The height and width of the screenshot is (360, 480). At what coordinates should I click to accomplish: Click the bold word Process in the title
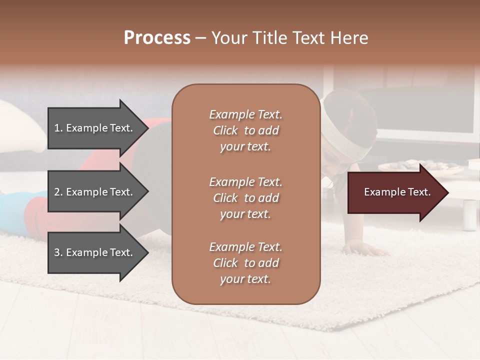(157, 38)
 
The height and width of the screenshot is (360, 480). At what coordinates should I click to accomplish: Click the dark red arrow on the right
(395, 192)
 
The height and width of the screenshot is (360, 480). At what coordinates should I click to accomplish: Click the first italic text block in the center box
(245, 130)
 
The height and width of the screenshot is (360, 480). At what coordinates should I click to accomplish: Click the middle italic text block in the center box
(245, 198)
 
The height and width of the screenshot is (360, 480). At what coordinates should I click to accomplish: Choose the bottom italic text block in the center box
(245, 263)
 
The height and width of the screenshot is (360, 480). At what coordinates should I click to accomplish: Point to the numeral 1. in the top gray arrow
(58, 128)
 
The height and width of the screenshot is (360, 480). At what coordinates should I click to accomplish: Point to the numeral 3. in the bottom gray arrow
(58, 252)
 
